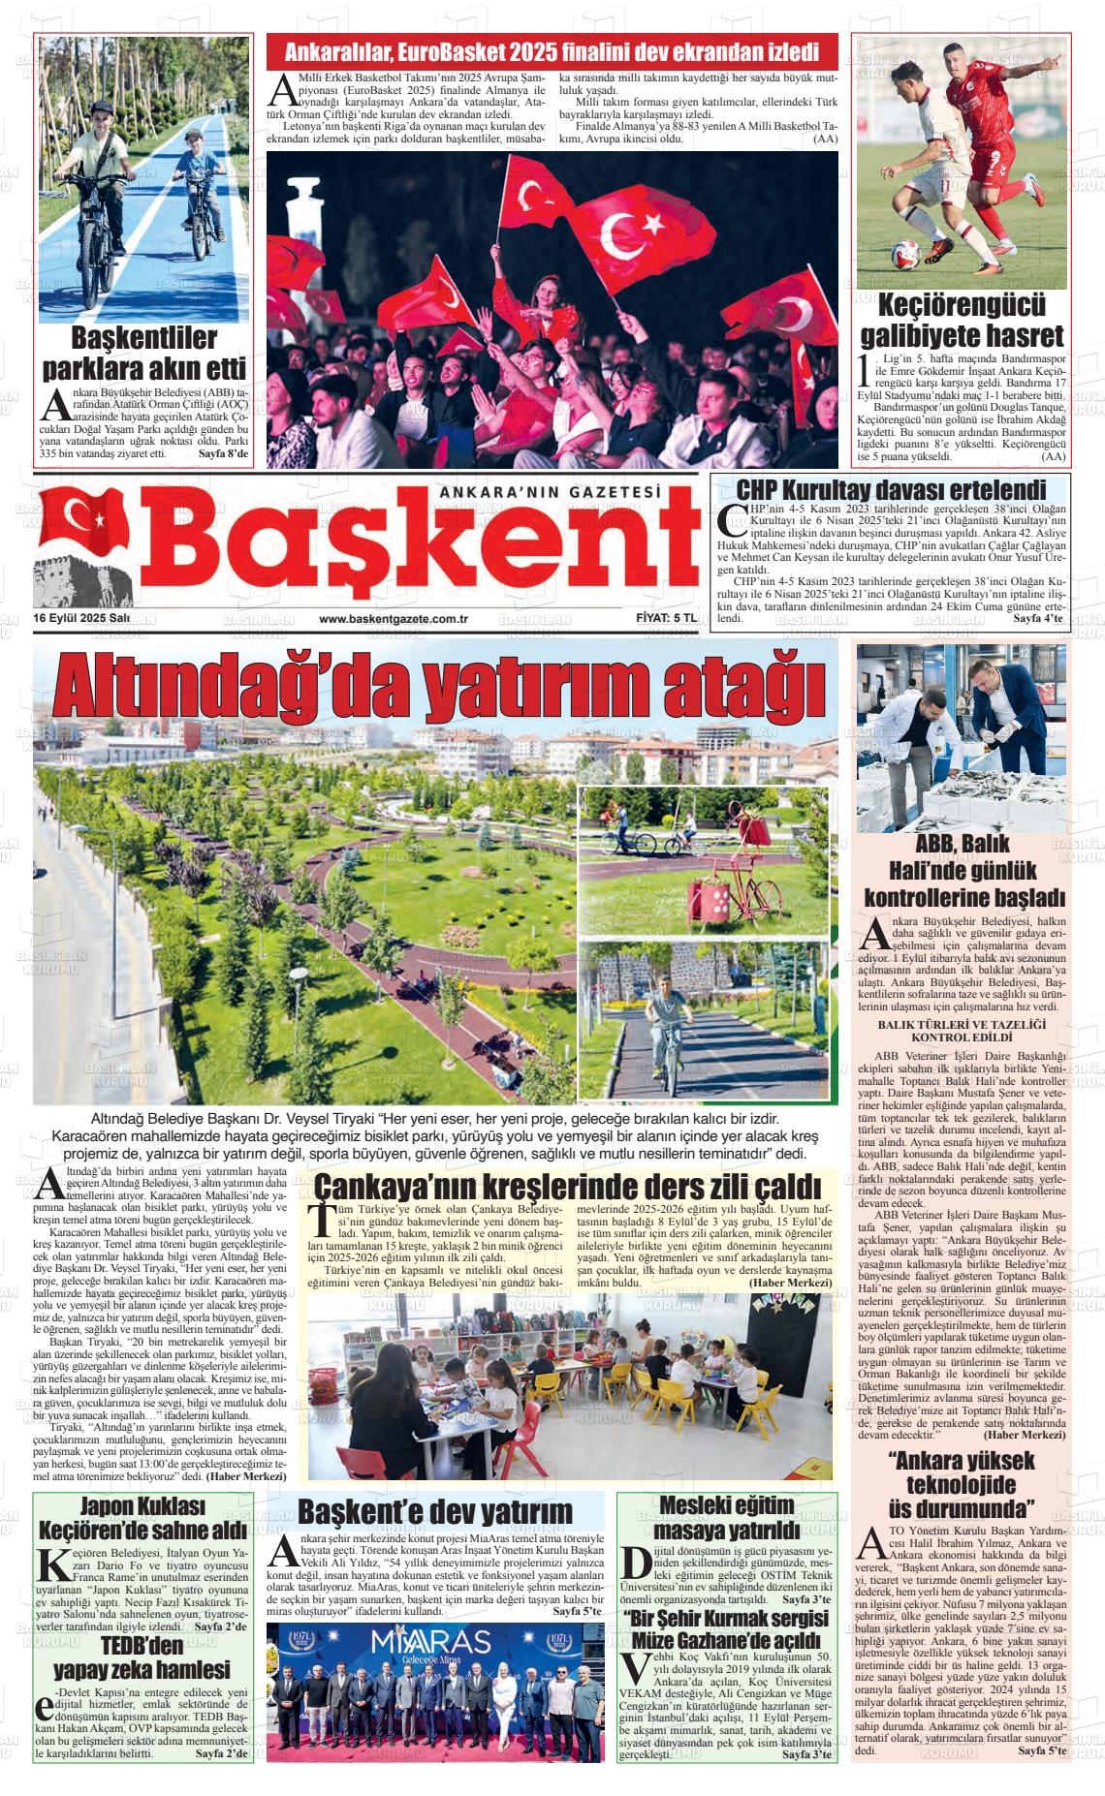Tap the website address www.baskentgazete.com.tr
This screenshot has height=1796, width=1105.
click(x=394, y=619)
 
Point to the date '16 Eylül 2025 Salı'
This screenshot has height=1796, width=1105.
click(x=81, y=619)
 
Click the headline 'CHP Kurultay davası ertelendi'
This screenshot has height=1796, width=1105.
click(x=891, y=489)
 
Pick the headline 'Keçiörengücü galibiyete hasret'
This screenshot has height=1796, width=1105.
click(x=962, y=321)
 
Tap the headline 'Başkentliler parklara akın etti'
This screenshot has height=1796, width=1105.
click(x=143, y=354)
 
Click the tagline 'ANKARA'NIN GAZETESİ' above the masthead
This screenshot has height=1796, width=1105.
click(x=550, y=492)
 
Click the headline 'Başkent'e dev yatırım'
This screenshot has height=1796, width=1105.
click(x=435, y=1512)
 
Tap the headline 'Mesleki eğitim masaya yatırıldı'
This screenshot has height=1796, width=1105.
click(x=726, y=1518)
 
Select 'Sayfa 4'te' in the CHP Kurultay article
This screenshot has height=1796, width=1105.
click(x=1037, y=618)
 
